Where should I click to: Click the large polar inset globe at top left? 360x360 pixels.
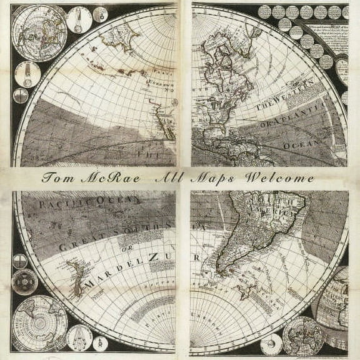click(39, 33)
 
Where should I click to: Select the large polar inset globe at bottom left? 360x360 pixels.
click(39, 323)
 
